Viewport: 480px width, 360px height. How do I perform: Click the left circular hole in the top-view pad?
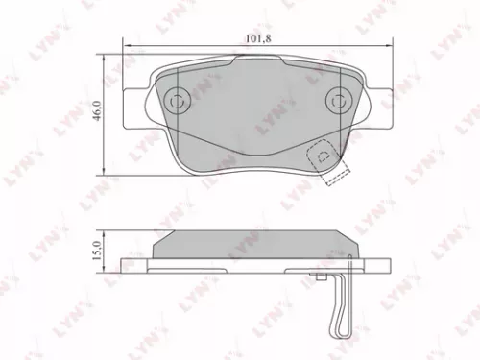pos(176,100)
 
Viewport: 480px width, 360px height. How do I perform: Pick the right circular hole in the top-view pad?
pos(338,99)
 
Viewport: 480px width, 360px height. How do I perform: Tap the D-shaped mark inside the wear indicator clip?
pos(324,152)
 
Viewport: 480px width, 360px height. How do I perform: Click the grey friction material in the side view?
pos(256,247)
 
